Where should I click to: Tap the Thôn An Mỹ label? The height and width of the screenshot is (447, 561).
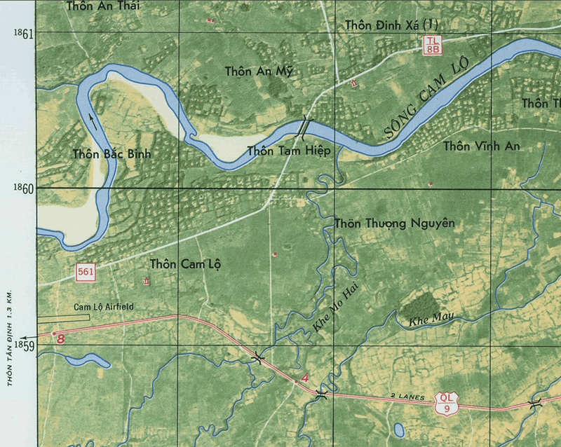pos(258,71)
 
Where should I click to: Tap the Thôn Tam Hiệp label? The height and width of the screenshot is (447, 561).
pos(288,151)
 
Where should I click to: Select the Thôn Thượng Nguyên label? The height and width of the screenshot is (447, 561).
pos(395,224)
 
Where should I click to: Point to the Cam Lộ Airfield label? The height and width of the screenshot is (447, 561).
pos(104,307)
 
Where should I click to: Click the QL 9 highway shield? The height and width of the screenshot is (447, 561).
pos(444,403)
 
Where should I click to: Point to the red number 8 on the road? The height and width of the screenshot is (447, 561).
pos(61,339)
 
